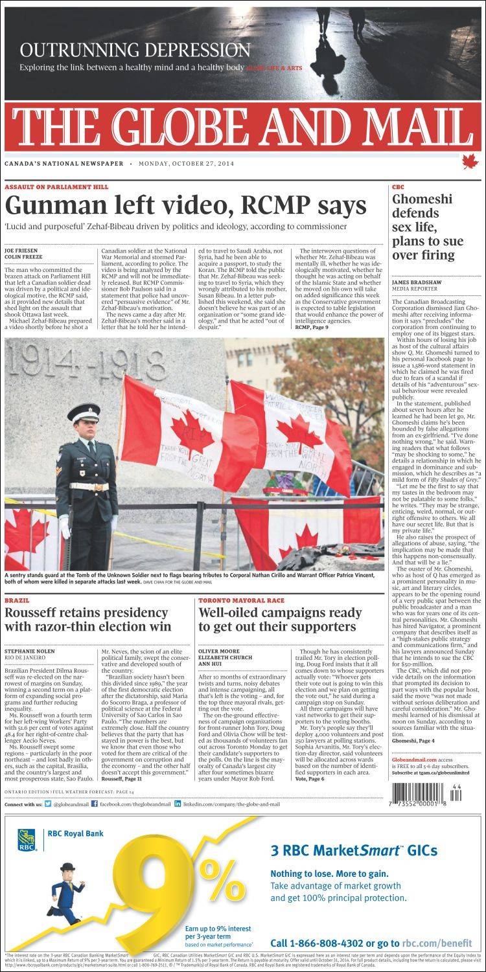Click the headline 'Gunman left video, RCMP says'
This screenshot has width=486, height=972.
click(x=185, y=206)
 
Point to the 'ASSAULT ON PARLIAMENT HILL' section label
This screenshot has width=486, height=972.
click(x=56, y=186)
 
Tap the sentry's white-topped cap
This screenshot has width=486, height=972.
click(x=83, y=412)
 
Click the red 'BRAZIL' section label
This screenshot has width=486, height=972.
click(x=17, y=600)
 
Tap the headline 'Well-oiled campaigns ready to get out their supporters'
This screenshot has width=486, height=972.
click(x=280, y=619)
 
